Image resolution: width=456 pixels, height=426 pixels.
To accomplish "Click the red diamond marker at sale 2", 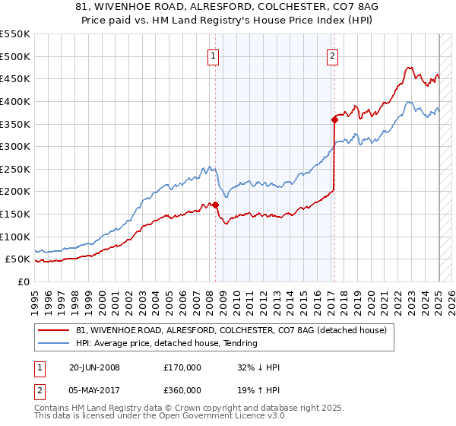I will (334, 119).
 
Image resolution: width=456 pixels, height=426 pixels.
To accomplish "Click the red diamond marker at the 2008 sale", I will (215, 205).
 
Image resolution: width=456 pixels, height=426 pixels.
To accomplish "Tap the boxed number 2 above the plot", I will (333, 55).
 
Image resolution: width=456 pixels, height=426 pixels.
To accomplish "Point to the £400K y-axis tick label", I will (15, 101).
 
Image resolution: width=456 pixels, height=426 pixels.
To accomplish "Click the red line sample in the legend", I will (54, 330).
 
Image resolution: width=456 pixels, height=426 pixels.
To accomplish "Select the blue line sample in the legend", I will (54, 343).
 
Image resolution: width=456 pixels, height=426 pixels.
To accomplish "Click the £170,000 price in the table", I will (182, 367).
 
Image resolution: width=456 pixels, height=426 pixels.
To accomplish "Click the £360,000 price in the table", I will (182, 390).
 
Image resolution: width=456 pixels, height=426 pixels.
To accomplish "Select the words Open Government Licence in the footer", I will (192, 417).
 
